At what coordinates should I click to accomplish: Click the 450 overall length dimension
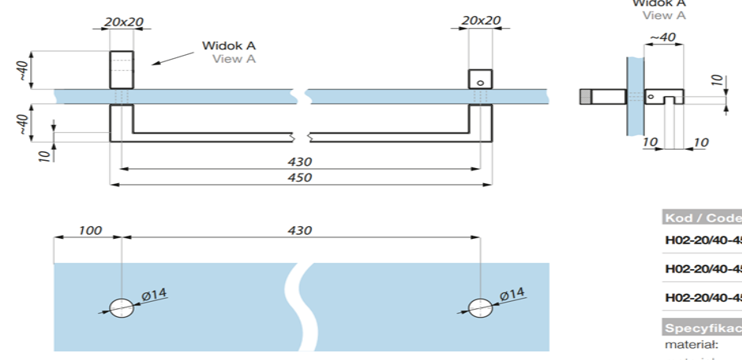click(x=300, y=178)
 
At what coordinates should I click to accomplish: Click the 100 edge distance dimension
click(x=89, y=230)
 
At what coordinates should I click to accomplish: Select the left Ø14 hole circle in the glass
click(x=122, y=308)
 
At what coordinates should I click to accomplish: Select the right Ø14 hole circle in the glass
click(x=480, y=308)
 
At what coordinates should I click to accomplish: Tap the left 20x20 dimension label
click(x=123, y=22)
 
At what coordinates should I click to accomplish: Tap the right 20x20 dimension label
click(x=481, y=21)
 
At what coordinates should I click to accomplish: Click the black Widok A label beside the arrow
click(x=229, y=46)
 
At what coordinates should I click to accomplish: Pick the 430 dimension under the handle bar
click(x=300, y=162)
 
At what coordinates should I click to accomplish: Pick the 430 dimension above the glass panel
click(x=300, y=230)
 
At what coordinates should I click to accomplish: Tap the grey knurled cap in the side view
click(x=585, y=96)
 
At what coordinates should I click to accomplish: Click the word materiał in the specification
click(x=692, y=345)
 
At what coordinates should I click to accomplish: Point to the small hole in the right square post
click(x=481, y=82)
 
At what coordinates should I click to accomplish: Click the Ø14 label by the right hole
click(x=512, y=295)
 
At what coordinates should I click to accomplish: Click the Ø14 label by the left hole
click(x=155, y=295)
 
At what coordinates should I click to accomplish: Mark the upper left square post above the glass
click(x=121, y=69)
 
